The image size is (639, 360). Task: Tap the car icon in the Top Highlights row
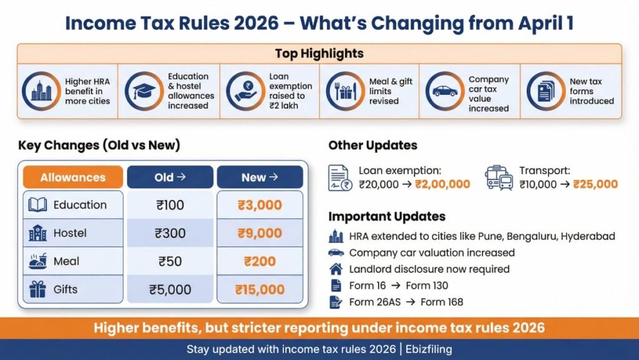(x=444, y=91)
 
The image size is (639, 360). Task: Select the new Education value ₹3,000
(x=260, y=205)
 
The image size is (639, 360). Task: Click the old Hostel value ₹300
(x=170, y=233)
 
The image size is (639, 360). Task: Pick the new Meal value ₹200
(x=260, y=261)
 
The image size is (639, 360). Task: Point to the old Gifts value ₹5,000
(x=170, y=289)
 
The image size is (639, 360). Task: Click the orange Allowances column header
(x=72, y=178)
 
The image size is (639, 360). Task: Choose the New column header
(x=260, y=178)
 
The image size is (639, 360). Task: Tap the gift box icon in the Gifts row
(x=37, y=289)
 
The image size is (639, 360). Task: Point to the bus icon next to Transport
(x=499, y=177)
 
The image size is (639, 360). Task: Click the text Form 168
(x=441, y=302)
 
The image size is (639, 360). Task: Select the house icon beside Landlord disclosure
(x=336, y=270)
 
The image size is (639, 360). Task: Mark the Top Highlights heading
(x=319, y=54)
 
